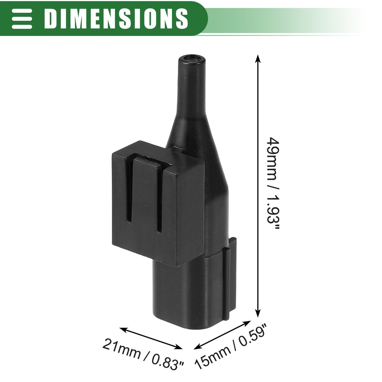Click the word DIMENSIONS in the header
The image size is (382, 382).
(x=116, y=18)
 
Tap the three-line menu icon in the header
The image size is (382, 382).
(x=22, y=18)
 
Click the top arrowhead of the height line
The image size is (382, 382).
(x=258, y=58)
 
